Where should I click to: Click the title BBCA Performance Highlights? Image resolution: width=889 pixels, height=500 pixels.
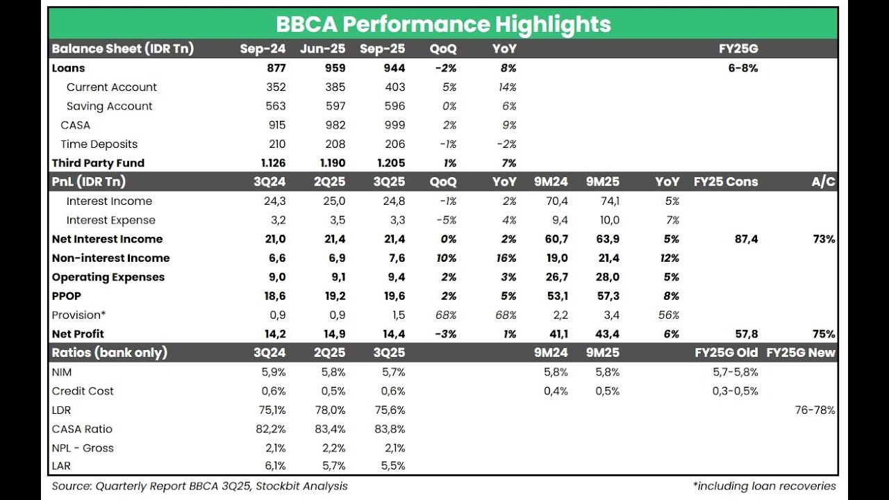coord(443,24)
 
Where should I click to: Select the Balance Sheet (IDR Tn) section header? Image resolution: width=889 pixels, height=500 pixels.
coord(122,49)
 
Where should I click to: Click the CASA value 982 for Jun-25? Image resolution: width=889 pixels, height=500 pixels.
coord(334,125)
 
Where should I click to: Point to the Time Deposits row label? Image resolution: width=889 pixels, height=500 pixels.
coord(99,144)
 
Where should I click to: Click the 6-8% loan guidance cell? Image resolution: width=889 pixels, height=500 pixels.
coord(742,68)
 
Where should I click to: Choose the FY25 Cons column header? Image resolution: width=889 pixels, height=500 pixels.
coord(726,182)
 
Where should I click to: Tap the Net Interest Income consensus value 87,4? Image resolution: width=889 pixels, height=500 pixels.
coord(746,239)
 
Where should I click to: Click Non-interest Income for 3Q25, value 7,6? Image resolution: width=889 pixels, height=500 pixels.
coord(396,258)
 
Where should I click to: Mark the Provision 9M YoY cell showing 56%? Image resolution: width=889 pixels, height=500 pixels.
coord(668,315)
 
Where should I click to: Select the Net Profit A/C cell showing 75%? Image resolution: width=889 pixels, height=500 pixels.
coord(824,334)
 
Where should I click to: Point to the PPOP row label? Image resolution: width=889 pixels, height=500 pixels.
coord(67,296)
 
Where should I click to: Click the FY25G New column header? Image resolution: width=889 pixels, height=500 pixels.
coord(801,353)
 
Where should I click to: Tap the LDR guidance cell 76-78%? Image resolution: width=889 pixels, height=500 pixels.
coord(815,410)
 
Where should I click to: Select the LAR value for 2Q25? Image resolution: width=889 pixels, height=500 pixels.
coord(331,466)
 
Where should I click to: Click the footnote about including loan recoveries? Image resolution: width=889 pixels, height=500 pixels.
coord(764,486)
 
